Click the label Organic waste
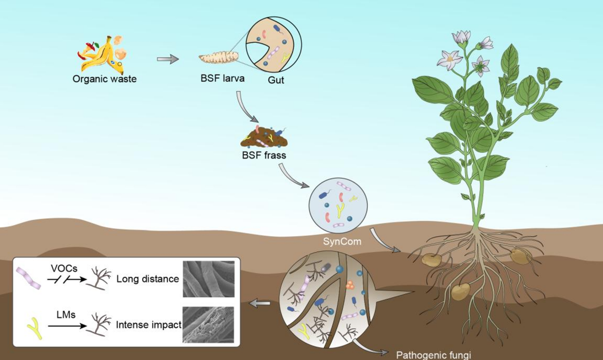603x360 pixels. pyautogui.click(x=105, y=79)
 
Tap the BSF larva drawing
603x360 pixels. pyautogui.click(x=219, y=58)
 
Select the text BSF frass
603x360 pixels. pyautogui.click(x=264, y=156)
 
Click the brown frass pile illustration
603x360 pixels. pyautogui.click(x=264, y=138)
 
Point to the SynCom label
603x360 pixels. pyautogui.click(x=342, y=242)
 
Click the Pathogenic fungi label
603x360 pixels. pyautogui.click(x=434, y=355)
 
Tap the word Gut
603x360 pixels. pyautogui.click(x=276, y=80)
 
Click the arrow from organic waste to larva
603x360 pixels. pyautogui.click(x=168, y=59)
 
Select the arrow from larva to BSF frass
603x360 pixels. pyautogui.click(x=244, y=108)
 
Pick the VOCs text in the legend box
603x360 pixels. pyautogui.click(x=64, y=268)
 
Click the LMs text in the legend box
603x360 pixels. pyautogui.click(x=66, y=315)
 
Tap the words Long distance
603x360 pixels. pyautogui.click(x=147, y=279)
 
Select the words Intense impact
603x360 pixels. pyautogui.click(x=149, y=325)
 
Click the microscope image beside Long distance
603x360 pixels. pyautogui.click(x=209, y=279)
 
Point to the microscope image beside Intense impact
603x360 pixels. pyautogui.click(x=208, y=325)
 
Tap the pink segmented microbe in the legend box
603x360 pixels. pyautogui.click(x=28, y=278)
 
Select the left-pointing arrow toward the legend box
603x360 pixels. pyautogui.click(x=259, y=303)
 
